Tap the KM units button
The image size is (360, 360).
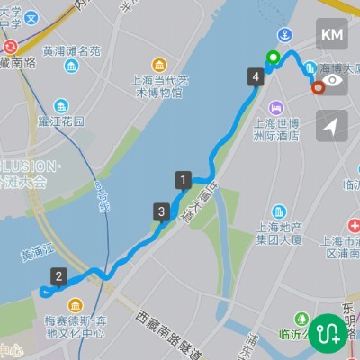pyautogui.click(x=332, y=34)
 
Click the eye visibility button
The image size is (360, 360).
pyautogui.click(x=332, y=80)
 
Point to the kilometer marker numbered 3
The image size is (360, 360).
pyautogui.click(x=161, y=212)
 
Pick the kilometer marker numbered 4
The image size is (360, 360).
pyautogui.click(x=257, y=77)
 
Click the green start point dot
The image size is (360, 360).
pyautogui.click(x=273, y=59)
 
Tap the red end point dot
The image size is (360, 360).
pyautogui.click(x=317, y=87)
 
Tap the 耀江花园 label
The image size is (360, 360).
pyautogui.click(x=61, y=121)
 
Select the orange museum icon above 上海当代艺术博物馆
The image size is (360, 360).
pyautogui.click(x=159, y=65)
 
